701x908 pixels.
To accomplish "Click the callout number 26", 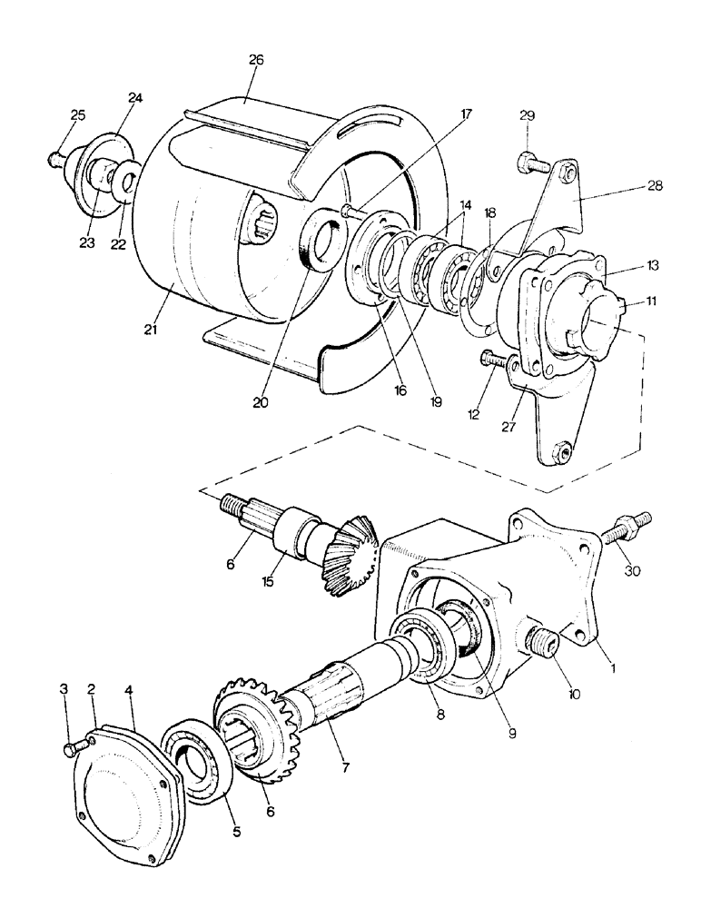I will click(256, 60).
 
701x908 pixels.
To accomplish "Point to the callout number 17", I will click(466, 114).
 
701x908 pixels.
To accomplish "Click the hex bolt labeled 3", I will click(73, 748).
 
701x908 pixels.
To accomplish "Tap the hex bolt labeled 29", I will click(532, 164).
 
